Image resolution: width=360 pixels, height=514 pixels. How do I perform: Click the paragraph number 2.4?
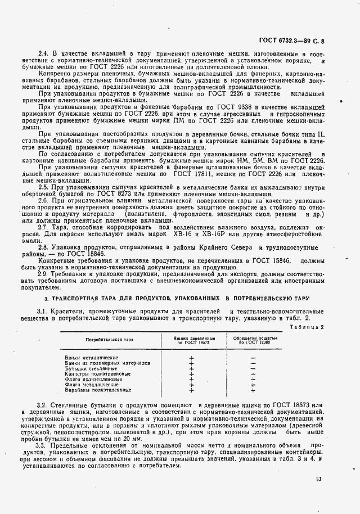42,53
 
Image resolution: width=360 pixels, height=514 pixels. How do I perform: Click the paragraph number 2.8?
42,247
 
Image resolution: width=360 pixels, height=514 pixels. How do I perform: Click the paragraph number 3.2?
42,405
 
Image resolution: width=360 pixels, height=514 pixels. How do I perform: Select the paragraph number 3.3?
42,445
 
